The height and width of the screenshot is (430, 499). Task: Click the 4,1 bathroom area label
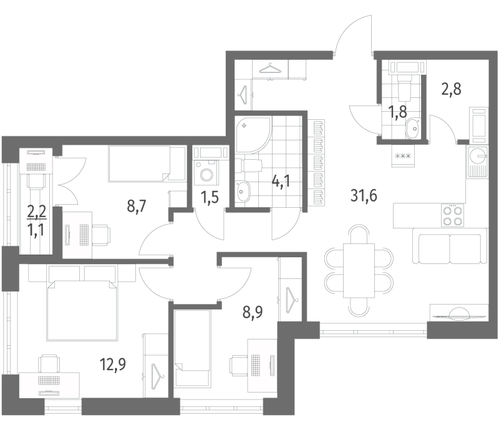(x=281, y=183)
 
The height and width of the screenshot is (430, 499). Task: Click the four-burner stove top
(x=452, y=215)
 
